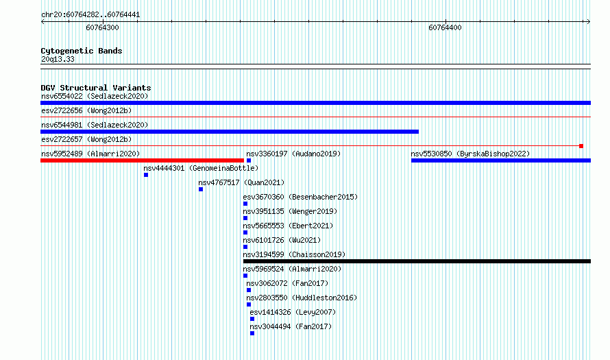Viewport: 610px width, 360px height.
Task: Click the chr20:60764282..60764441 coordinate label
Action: (x=90, y=15)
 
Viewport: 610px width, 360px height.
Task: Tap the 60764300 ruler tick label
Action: (x=102, y=27)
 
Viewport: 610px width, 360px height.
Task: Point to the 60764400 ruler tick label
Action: (x=445, y=27)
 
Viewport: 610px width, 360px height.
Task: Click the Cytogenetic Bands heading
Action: (x=82, y=51)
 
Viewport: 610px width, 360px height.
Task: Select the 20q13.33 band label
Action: (x=58, y=59)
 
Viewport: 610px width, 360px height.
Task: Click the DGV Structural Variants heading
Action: (x=96, y=88)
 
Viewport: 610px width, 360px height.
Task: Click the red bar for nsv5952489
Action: (x=142, y=160)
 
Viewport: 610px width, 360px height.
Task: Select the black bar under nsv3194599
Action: (x=417, y=261)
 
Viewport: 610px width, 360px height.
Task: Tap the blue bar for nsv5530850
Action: (x=501, y=160)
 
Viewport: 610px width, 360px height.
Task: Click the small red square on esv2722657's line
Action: (x=581, y=146)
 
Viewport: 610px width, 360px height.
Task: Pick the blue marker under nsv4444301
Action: (x=146, y=175)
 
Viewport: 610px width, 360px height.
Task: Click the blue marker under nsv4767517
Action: (x=201, y=189)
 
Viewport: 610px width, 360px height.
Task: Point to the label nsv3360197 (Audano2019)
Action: (x=293, y=154)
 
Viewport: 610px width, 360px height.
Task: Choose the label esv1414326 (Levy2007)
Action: (x=293, y=312)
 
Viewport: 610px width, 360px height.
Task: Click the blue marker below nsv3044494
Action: (x=252, y=333)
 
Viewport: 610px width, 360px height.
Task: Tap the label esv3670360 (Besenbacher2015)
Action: (x=300, y=197)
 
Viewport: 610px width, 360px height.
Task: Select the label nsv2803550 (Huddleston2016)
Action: (x=302, y=298)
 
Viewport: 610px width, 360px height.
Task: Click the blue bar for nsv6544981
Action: (x=230, y=132)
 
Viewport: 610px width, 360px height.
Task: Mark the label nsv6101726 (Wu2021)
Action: (x=282, y=240)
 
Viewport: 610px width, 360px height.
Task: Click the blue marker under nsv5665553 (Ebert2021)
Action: (x=245, y=232)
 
